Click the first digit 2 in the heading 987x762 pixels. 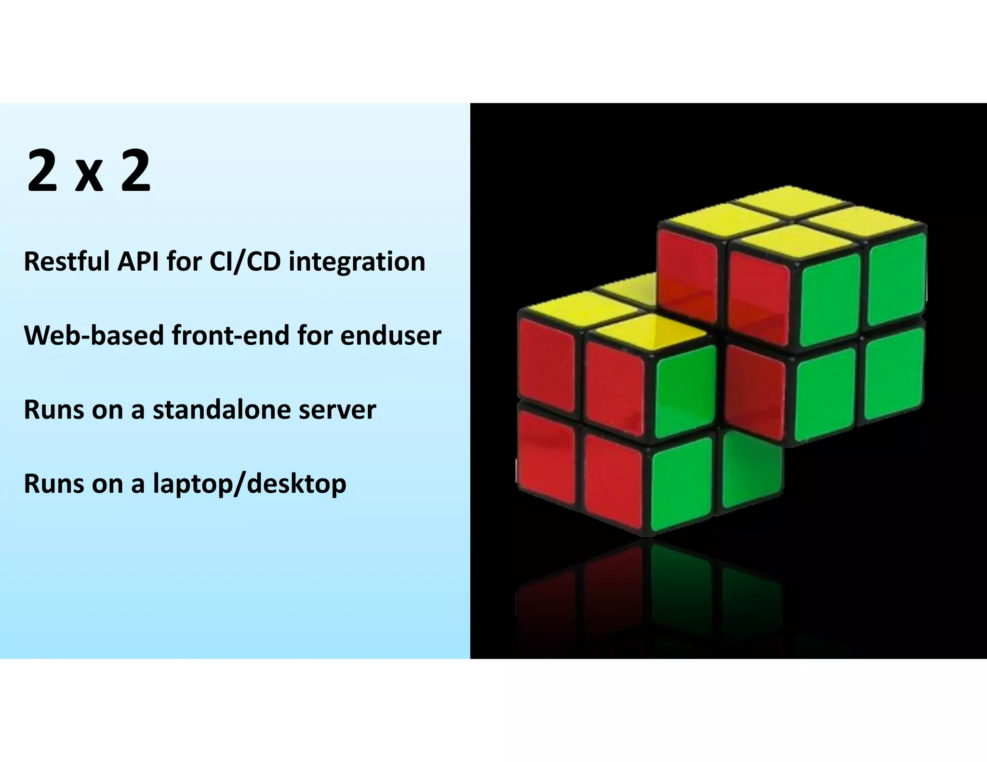(x=42, y=171)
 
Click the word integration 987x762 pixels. (x=357, y=262)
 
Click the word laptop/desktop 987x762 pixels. (x=249, y=484)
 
